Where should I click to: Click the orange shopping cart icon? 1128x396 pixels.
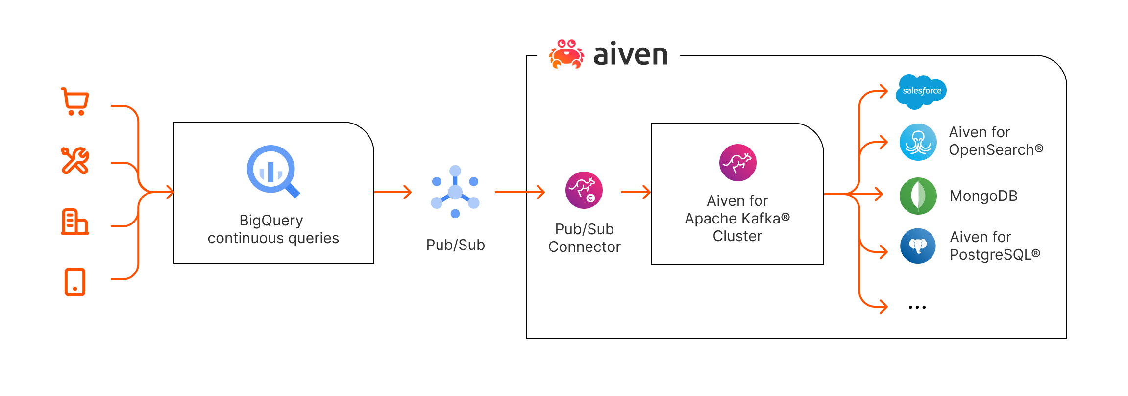(x=75, y=101)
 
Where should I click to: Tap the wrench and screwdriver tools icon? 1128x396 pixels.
(x=75, y=160)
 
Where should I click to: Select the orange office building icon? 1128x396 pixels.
(x=75, y=222)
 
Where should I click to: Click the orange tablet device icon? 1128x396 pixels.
(x=75, y=282)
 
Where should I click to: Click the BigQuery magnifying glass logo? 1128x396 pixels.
(x=272, y=171)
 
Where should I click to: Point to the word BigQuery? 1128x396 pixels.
(x=271, y=221)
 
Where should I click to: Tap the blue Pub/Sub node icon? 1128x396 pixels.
(x=455, y=192)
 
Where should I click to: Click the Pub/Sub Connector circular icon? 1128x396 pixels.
(x=584, y=190)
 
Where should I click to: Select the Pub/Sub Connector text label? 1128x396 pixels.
(x=584, y=238)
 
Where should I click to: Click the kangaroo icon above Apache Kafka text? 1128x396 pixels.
(x=737, y=163)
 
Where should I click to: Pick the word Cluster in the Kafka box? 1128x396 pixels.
(x=737, y=236)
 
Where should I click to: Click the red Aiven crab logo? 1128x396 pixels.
(x=567, y=54)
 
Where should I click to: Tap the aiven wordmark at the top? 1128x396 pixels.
(x=631, y=54)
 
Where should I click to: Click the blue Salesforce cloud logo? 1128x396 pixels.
(x=921, y=92)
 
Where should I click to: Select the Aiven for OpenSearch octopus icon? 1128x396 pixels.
(x=918, y=142)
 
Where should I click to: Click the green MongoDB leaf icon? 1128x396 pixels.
(x=918, y=196)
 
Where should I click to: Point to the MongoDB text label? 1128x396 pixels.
(x=983, y=196)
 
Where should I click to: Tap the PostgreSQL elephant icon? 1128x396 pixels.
(x=918, y=246)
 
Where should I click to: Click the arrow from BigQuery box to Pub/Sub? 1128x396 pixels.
(x=392, y=192)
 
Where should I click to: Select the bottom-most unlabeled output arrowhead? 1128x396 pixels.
(x=883, y=307)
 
